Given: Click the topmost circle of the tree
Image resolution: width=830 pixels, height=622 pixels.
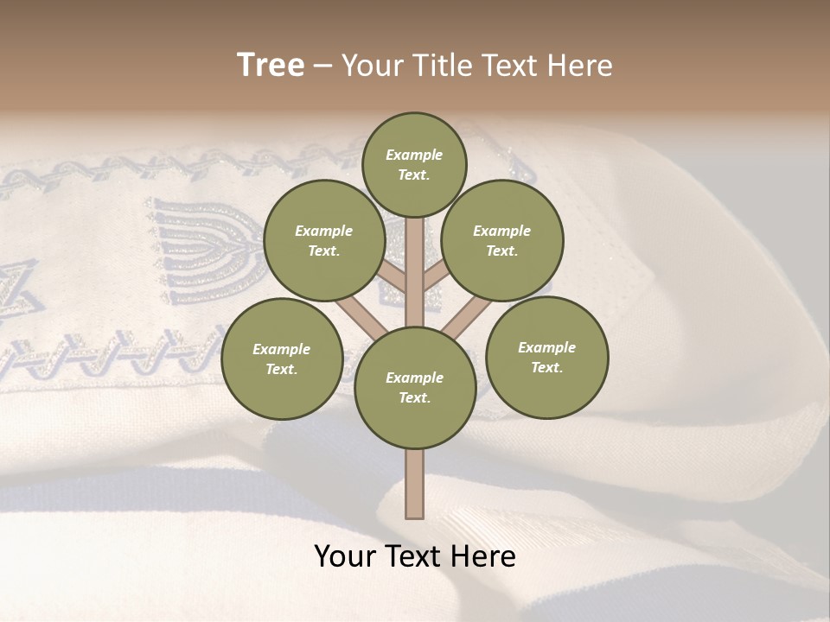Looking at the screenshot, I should pos(414,164).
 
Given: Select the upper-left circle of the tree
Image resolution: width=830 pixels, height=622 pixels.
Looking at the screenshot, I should pos(323,240).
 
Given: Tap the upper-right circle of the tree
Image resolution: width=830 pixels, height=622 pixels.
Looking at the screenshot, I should pos(502,240).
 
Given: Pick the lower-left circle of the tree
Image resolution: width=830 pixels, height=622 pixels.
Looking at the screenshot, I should pos(282,359).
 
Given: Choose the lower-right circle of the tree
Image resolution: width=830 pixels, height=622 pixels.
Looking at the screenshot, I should pos(546,357).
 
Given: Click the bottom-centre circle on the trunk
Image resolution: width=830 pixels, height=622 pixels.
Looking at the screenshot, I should pos(415,388).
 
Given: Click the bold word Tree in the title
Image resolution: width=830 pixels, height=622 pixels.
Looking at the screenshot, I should pos(271,65).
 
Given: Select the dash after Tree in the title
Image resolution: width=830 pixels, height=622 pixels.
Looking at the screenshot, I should pos(322,67).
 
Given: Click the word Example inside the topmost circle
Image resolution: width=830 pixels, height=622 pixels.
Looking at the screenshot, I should pos(414,155).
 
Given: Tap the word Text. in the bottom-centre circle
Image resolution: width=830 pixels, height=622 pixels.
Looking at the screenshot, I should pos(414,397).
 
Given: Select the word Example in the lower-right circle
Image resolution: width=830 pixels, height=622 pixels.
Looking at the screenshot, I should pos(546,347).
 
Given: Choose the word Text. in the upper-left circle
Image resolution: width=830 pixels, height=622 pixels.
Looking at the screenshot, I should pos(323,251).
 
